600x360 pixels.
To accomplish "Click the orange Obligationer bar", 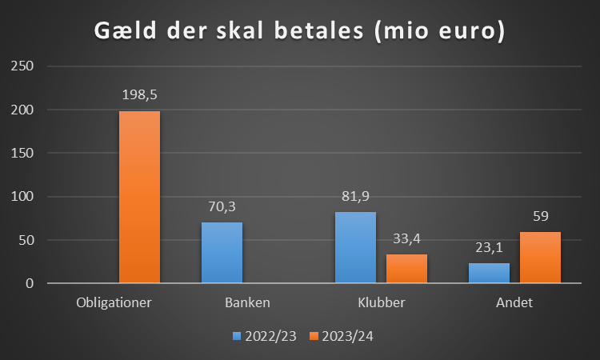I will click(x=140, y=197).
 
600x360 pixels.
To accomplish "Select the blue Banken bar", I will click(x=222, y=252).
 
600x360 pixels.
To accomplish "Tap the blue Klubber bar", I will click(x=355, y=247).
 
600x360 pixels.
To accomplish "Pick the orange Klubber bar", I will click(x=406, y=268).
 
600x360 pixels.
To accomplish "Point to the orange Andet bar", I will click(x=540, y=257).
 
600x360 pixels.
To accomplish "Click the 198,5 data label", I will click(x=139, y=95).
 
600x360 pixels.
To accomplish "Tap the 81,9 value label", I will click(x=354, y=197).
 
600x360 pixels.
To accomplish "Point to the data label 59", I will click(x=540, y=217).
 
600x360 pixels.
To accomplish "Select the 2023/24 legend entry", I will click(x=343, y=336).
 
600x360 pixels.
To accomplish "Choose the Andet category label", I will click(x=514, y=303).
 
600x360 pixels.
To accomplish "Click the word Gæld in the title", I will click(x=129, y=33).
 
